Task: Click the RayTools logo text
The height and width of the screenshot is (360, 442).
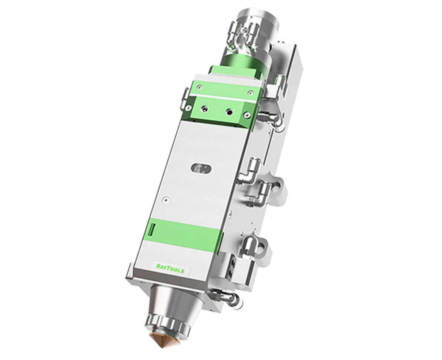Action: pos(170,268)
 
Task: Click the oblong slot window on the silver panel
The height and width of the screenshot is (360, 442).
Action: pos(201,169)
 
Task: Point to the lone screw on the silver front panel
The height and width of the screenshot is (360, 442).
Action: pos(166,200)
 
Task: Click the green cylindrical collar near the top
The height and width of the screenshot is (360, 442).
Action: pos(242,66)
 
